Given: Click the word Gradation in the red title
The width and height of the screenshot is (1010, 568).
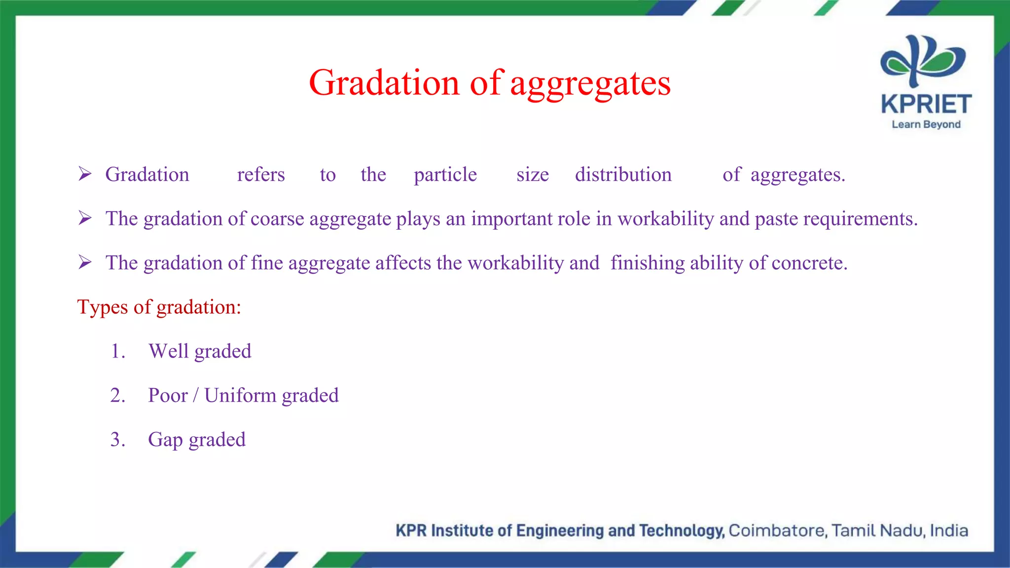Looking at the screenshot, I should [x=384, y=83].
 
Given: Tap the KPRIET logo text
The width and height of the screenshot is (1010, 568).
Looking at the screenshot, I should [x=926, y=105].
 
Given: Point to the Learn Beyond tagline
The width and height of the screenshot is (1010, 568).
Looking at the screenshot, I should [x=926, y=124].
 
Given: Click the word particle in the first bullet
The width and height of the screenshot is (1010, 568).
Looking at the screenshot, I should [x=445, y=175].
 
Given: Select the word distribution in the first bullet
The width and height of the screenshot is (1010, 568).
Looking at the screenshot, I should [x=623, y=175].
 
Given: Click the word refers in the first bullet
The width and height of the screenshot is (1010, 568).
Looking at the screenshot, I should [x=261, y=175].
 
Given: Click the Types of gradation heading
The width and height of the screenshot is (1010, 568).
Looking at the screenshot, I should [x=159, y=307].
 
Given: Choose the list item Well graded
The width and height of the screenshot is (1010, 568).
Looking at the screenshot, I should [x=200, y=352].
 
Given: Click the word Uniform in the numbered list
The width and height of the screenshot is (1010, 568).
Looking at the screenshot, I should [x=240, y=395].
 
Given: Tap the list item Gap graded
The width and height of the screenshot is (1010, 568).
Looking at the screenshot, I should [x=197, y=440].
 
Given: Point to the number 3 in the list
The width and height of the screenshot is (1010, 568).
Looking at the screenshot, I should [x=116, y=440].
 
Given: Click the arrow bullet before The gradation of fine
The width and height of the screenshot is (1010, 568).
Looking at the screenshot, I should [x=85, y=262].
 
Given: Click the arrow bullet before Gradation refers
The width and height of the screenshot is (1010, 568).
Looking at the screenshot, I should [x=85, y=174].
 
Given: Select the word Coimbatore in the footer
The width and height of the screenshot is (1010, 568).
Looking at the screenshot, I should [x=777, y=531].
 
